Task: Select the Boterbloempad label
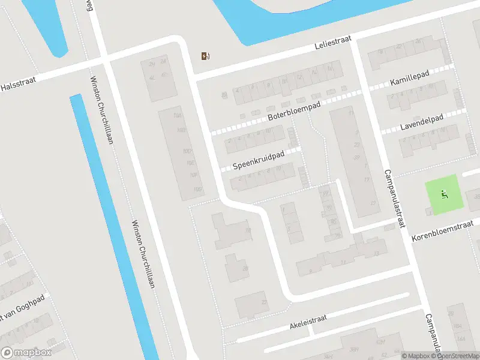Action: [x=295, y=110]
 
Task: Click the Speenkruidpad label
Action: [x=258, y=158]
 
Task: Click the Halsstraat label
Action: [x=16, y=85]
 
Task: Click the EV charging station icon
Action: [x=205, y=56]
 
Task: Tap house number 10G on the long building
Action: [x=197, y=190]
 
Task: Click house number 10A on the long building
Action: [x=176, y=115]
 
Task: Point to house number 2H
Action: [x=152, y=64]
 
